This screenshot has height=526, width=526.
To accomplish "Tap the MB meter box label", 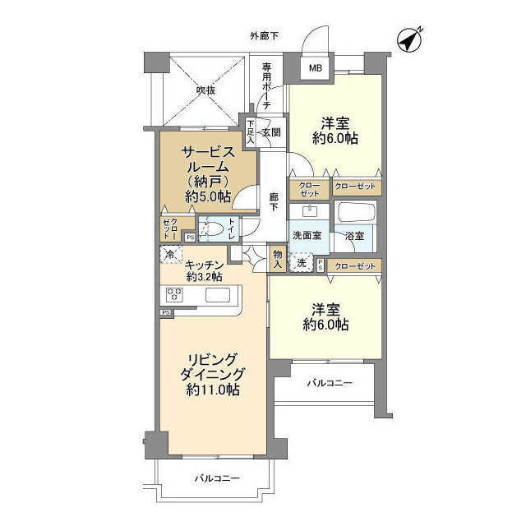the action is pyautogui.click(x=316, y=68).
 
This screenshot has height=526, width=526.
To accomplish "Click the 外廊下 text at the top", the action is pyautogui.click(x=264, y=36).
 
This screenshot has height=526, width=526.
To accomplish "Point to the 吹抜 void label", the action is pyautogui.click(x=206, y=90).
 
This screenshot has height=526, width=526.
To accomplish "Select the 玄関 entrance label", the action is pyautogui.click(x=271, y=132).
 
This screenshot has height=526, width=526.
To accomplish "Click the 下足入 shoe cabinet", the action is pyautogui.click(x=250, y=131).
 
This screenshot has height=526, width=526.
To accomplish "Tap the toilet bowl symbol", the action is pyautogui.click(x=212, y=229).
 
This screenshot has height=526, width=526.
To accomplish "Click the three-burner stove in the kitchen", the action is pyautogui.click(x=174, y=295).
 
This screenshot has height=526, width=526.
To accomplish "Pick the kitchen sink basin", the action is pyautogui.click(x=218, y=295).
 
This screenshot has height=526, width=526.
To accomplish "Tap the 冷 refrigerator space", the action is pyautogui.click(x=171, y=254).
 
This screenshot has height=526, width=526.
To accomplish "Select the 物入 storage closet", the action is pyautogui.click(x=278, y=260).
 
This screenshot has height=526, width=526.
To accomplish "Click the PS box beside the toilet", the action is pyautogui.click(x=190, y=238).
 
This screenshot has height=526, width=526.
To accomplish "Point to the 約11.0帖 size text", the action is pyautogui.click(x=213, y=390).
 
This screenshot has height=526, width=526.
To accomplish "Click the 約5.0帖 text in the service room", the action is pyautogui.click(x=208, y=196).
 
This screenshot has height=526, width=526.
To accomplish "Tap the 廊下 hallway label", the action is pyautogui.click(x=274, y=201).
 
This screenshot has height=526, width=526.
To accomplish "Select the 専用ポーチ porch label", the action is pyautogui.click(x=266, y=85).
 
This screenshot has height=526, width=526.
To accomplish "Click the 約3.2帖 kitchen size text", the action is pyautogui.click(x=204, y=277).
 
